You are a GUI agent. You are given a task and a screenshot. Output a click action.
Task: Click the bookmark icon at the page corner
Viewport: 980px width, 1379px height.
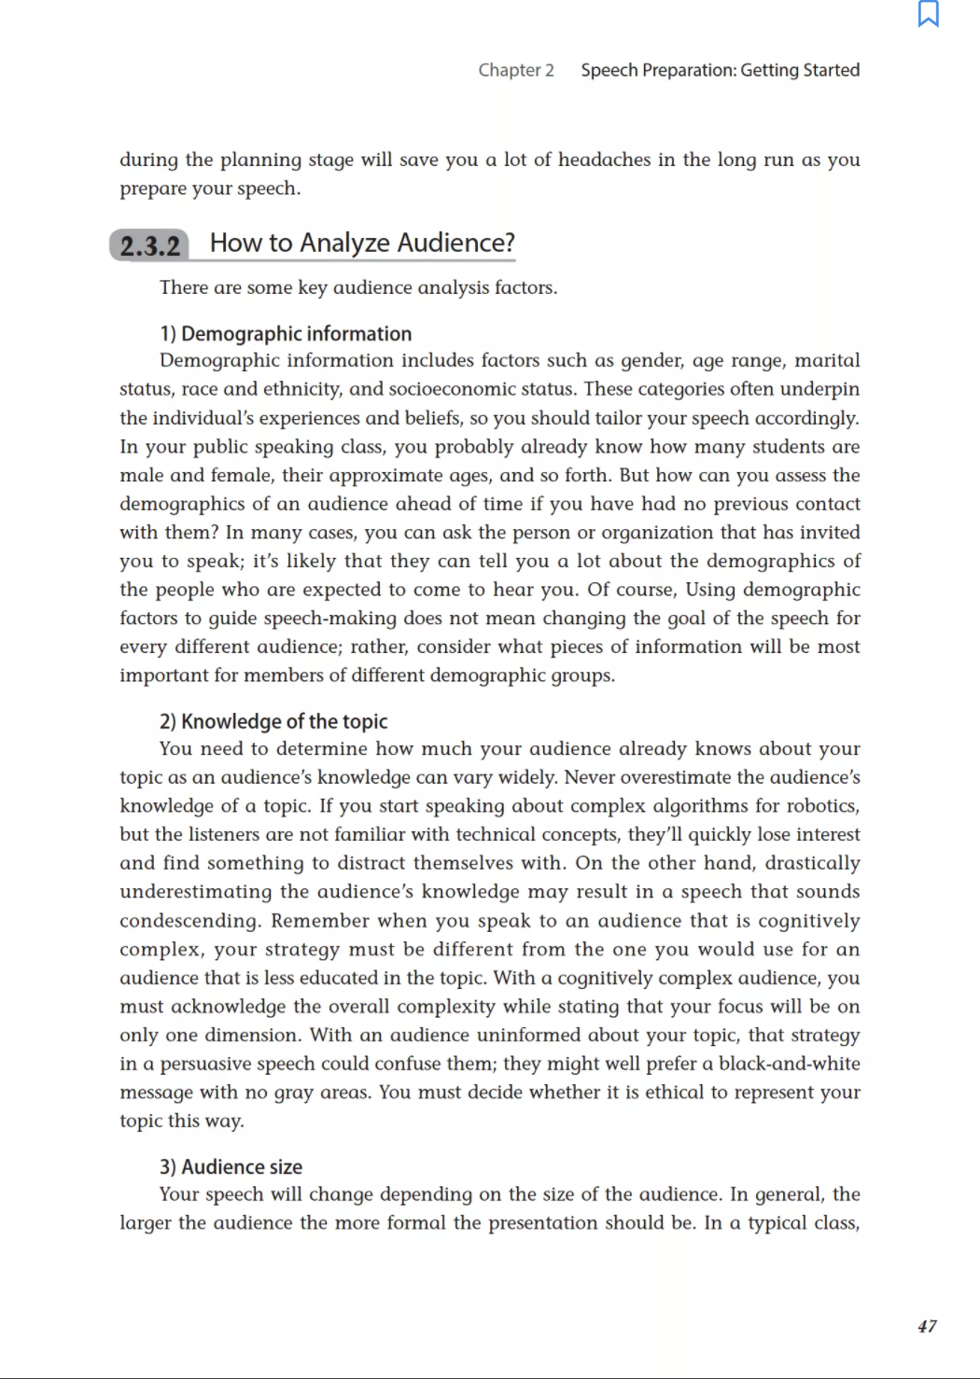pos(928,14)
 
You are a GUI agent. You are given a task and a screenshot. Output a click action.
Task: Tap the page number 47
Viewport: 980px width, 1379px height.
pos(927,1326)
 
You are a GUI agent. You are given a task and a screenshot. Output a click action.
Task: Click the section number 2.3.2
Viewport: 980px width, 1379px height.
pos(150,246)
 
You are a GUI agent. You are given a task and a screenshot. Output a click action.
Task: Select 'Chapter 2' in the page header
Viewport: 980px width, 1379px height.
pos(516,70)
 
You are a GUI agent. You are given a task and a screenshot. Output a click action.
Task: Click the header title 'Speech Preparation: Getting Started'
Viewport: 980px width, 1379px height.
pos(720,70)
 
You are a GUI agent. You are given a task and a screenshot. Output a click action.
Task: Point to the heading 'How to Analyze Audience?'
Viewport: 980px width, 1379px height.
pos(362,244)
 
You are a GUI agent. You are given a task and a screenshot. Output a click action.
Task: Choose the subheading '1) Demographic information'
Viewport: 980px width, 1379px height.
pos(286,334)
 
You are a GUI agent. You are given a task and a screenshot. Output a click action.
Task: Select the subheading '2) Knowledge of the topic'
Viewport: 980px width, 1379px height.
pos(273,721)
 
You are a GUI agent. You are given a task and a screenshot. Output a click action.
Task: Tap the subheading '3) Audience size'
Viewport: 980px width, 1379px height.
pos(231,1167)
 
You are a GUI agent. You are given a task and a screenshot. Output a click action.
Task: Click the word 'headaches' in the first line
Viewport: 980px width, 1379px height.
pos(604,160)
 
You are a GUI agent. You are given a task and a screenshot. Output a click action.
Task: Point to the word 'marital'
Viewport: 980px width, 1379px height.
pos(827,360)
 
